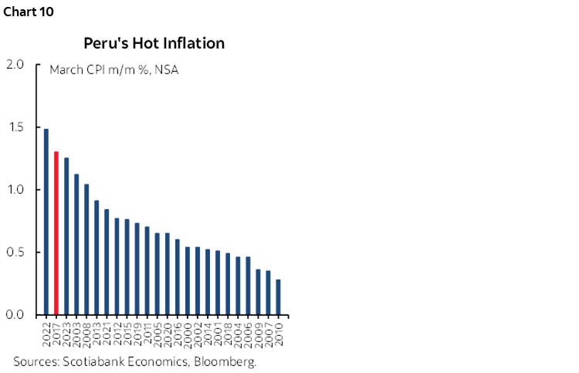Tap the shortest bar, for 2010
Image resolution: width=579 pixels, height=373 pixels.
[x=278, y=297]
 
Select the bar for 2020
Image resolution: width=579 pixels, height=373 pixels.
[x=167, y=274]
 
